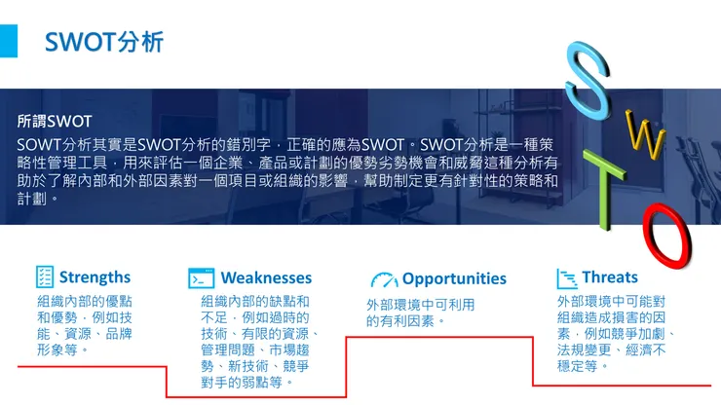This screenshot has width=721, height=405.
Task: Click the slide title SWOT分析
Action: [x=104, y=43]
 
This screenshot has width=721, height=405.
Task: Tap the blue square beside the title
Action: [x=9, y=41]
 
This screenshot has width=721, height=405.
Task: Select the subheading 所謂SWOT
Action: [x=55, y=122]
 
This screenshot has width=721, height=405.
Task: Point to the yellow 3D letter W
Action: [x=644, y=137]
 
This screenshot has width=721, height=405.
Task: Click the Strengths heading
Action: [x=95, y=277]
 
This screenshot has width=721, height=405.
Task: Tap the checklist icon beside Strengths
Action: [x=45, y=277]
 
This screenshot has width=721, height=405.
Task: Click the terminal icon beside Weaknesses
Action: [x=202, y=278]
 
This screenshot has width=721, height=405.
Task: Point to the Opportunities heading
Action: [x=454, y=278]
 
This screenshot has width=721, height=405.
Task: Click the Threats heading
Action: [x=610, y=277]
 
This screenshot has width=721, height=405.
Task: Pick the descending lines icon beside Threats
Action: [x=566, y=278]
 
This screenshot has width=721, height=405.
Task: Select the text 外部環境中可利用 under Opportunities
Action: [x=420, y=305]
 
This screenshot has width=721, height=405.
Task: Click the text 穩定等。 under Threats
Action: [x=584, y=365]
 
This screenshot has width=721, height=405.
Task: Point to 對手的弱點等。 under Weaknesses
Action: [x=247, y=383]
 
